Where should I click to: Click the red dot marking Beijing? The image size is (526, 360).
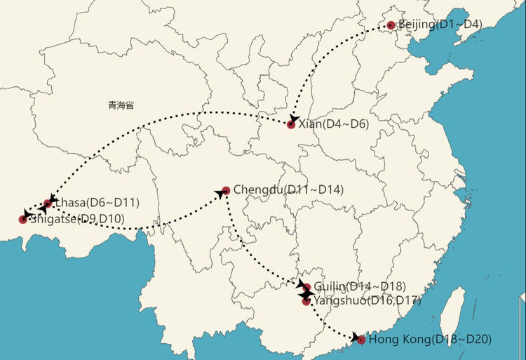391,25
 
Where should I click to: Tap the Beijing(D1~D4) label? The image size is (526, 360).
440,25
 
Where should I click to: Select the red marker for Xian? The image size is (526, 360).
291,124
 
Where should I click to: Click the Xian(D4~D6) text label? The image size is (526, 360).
333,124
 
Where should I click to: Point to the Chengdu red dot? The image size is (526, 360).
226,190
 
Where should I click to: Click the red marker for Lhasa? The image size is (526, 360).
48,204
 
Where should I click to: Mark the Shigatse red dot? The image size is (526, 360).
23,220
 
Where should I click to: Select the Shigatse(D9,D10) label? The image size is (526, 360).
77,219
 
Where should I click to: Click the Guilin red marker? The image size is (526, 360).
306,287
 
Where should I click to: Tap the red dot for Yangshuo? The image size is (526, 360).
306,301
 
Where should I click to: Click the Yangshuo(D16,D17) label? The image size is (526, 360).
366,300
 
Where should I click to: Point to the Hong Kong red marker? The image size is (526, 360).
360,340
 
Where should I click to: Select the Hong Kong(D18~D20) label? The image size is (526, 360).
430,340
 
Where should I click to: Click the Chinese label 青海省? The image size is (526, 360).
121,105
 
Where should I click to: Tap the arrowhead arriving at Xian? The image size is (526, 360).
294,119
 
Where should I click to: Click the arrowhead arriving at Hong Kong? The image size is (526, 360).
355,337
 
